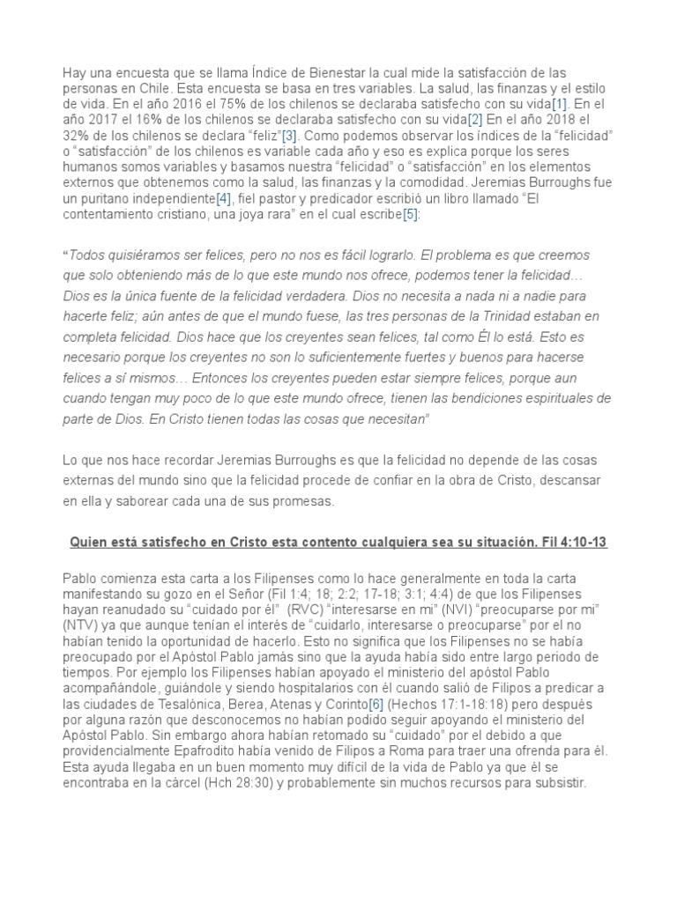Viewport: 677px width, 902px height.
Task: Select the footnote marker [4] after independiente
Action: click(225, 200)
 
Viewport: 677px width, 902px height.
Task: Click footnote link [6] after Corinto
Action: click(376, 705)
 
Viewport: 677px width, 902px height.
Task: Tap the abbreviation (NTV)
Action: click(82, 625)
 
